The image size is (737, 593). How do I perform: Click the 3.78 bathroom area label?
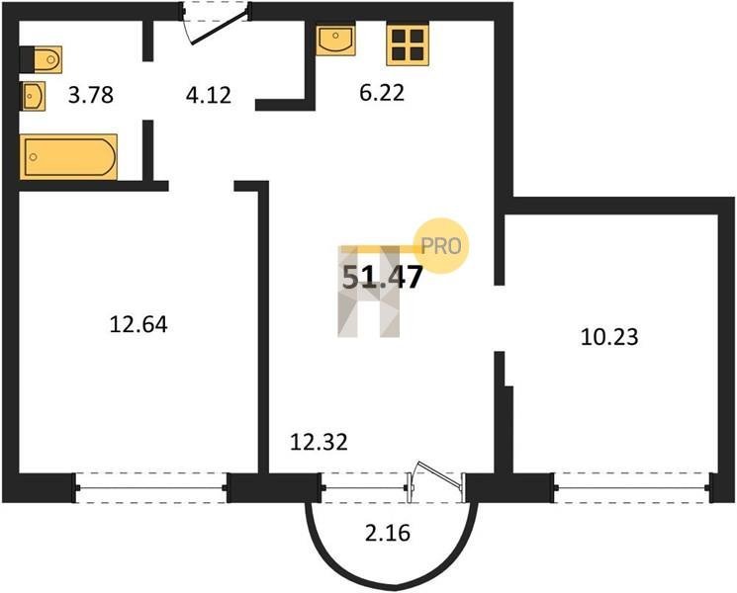(x=91, y=95)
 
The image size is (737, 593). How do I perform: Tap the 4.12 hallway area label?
(x=209, y=95)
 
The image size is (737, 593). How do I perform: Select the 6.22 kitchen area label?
(x=382, y=93)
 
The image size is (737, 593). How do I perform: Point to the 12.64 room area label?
(x=138, y=324)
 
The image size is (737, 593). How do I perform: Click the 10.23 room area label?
(x=609, y=337)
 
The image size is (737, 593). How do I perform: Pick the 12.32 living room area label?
(x=319, y=442)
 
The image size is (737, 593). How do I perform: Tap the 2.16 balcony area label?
(x=388, y=533)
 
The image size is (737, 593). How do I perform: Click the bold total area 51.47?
(x=383, y=277)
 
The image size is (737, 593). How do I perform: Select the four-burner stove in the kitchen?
(x=408, y=44)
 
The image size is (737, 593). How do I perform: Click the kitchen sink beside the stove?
(x=335, y=41)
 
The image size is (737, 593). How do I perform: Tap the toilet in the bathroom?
(x=41, y=59)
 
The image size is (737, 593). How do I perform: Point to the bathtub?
(x=68, y=157)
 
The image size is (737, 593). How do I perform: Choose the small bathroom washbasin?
(x=33, y=96)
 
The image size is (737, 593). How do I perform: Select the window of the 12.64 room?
(x=151, y=488)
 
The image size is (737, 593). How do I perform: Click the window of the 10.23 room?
(x=633, y=488)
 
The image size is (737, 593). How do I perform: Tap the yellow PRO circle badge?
(x=441, y=245)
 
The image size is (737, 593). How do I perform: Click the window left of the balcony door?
(x=365, y=488)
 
